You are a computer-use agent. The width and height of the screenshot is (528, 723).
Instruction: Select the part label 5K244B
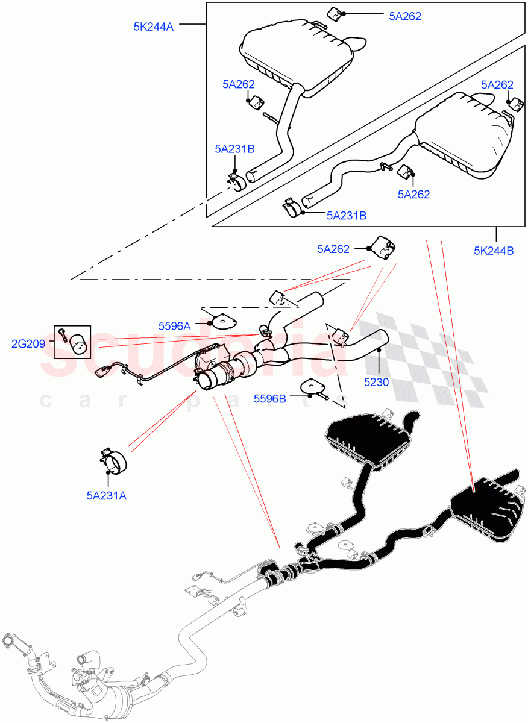pyautogui.click(x=494, y=251)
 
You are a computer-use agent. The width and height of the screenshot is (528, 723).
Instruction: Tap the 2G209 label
pyautogui.click(x=28, y=343)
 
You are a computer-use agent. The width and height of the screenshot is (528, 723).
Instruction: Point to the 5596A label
pyautogui.click(x=174, y=325)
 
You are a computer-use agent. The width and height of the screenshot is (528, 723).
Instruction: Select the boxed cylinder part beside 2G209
pyautogui.click(x=78, y=345)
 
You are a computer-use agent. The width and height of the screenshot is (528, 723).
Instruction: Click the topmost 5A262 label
pyautogui.click(x=405, y=16)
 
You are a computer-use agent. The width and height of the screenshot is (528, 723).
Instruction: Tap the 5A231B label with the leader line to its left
pyautogui.click(x=347, y=214)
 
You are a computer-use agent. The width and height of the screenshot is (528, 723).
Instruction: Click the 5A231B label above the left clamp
pyautogui.click(x=234, y=148)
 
